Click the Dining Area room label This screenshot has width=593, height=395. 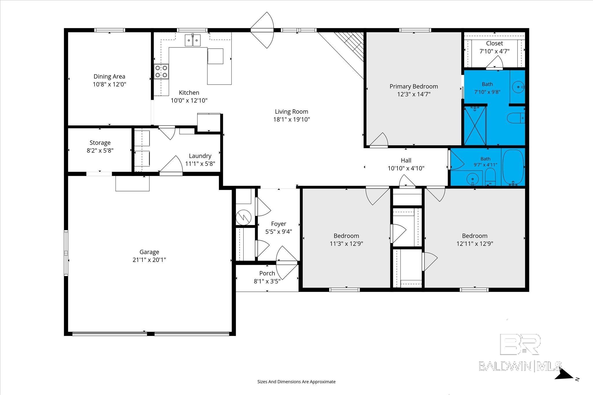tap(109, 77)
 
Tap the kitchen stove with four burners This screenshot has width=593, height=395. tap(161, 71)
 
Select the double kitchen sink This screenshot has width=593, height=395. tap(193, 40)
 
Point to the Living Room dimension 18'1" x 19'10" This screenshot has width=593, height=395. tap(292, 119)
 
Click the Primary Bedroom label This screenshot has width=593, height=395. tap(414, 86)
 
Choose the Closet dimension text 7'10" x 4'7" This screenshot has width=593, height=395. tap(495, 51)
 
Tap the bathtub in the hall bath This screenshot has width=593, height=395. tap(513, 167)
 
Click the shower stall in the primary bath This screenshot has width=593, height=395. tap(475, 125)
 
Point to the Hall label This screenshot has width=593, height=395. tap(406, 160)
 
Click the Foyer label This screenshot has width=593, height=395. tap(279, 224)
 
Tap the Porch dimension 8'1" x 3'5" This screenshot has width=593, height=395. tap(267, 281)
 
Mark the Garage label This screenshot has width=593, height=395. tap(149, 252)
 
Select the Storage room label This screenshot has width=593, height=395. tap(100, 143)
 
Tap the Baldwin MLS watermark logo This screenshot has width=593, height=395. tap(520, 357)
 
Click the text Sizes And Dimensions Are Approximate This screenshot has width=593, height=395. tap(296, 382)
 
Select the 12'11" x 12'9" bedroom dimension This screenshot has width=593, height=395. tap(475, 244)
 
